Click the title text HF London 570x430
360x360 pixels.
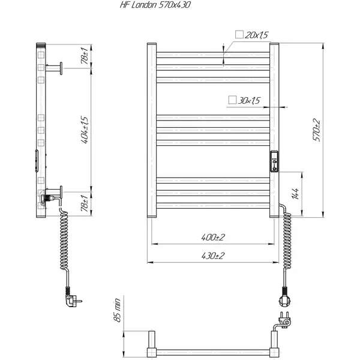pyautogui.click(x=155, y=5)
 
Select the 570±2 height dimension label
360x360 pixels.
pyautogui.click(x=316, y=130)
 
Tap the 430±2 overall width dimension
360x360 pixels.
pyautogui.click(x=213, y=256)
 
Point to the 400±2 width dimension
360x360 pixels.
pyautogui.click(x=213, y=237)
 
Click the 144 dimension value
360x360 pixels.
pyautogui.click(x=295, y=194)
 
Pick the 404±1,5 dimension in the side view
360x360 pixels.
pyautogui.click(x=85, y=130)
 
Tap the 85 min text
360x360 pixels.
pyautogui.click(x=117, y=310)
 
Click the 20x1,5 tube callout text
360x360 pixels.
pyautogui.click(x=256, y=35)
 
